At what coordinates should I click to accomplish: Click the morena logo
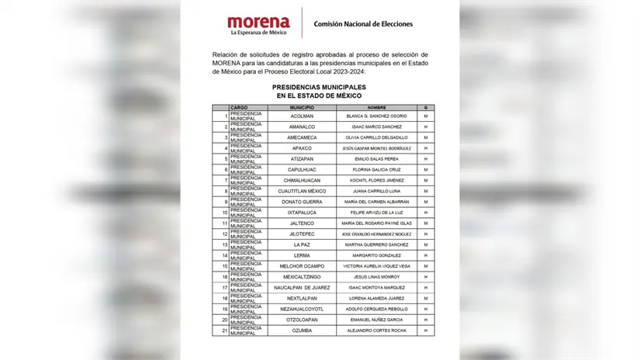[x=258, y=24]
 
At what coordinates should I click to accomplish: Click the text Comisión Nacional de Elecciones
[x=362, y=24]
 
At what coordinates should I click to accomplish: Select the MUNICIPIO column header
[x=302, y=107]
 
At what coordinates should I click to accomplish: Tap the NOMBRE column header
[x=377, y=107]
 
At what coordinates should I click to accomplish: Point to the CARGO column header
[x=239, y=107]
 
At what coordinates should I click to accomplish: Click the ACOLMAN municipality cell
[x=302, y=116]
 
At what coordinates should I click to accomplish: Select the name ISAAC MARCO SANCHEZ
[x=377, y=126]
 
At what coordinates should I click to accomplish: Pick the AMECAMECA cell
[x=302, y=137]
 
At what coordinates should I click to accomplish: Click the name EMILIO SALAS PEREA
[x=377, y=158]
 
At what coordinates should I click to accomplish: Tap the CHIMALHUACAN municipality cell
[x=302, y=180]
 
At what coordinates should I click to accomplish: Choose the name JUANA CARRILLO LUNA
[x=377, y=191]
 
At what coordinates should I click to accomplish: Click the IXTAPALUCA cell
[x=302, y=212]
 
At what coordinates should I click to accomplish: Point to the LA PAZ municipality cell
[x=302, y=244]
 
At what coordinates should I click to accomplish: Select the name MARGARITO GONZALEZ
[x=377, y=255]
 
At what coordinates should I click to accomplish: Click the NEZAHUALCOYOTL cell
[x=302, y=309]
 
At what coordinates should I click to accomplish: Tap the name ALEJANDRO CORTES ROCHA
[x=377, y=331]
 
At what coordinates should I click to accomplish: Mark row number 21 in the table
[x=224, y=331]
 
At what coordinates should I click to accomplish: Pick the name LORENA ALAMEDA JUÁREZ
[x=377, y=298]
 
